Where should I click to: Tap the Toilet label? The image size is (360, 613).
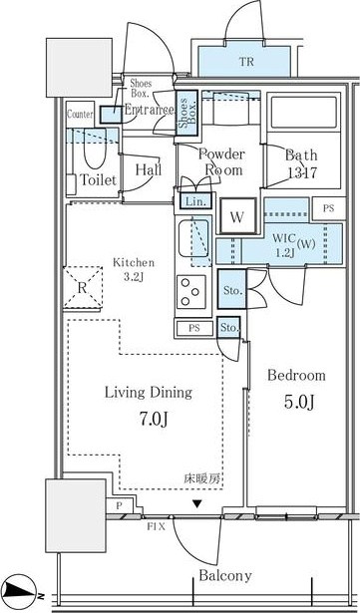click(98, 179)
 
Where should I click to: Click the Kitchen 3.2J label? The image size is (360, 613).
click(131, 269)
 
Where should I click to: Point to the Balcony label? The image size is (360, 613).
click(223, 575)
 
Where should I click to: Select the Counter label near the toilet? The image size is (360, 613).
click(80, 115)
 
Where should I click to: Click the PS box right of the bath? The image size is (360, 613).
click(328, 207)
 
